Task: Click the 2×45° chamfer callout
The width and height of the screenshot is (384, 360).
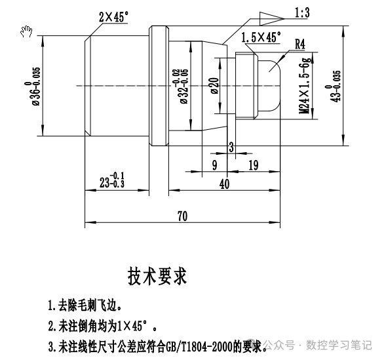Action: (113, 17)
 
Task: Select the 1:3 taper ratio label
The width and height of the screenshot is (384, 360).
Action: (302, 12)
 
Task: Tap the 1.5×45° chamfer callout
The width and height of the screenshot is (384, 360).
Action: (261, 37)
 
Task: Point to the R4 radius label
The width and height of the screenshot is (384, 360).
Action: (300, 45)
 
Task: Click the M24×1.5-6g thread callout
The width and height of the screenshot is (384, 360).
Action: (305, 85)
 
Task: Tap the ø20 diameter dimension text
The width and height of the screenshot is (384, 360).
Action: (214, 85)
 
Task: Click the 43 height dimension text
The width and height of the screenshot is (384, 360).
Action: (334, 86)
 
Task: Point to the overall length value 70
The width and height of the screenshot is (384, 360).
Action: (182, 216)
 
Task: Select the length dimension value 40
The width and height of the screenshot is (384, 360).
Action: (225, 184)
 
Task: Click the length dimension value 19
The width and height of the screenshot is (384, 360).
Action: (254, 165)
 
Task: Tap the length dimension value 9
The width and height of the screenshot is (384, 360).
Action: (214, 165)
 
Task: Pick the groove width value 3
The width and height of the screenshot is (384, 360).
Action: (231, 148)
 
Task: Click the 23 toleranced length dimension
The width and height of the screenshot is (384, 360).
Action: (112, 180)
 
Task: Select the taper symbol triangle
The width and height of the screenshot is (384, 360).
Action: (272, 18)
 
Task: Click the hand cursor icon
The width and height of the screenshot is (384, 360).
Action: (26, 31)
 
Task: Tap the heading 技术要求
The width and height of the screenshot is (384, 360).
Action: (157, 276)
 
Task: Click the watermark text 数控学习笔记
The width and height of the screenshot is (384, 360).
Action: (339, 345)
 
